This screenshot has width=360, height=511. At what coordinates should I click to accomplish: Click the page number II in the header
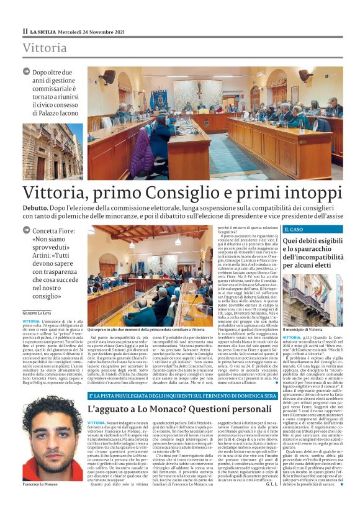(x=25, y=31)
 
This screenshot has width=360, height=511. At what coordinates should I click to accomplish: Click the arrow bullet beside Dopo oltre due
(x=27, y=72)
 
